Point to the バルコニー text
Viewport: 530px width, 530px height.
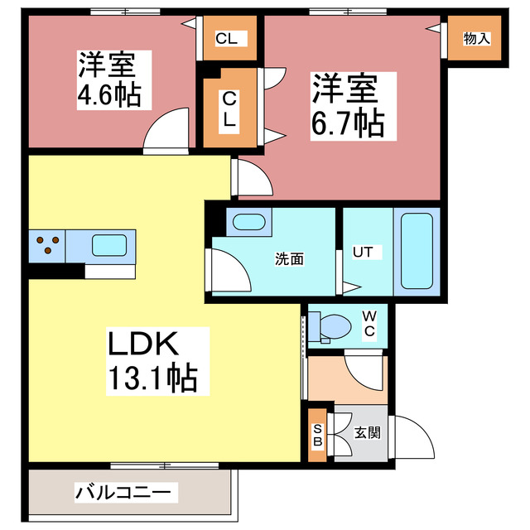point(126,493)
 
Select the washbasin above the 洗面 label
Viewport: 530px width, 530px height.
point(247,223)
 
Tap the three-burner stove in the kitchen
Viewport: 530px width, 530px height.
point(47,244)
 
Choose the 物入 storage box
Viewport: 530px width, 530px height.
point(475,39)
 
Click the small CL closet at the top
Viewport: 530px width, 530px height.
point(228,38)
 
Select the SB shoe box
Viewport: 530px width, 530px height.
point(317,435)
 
